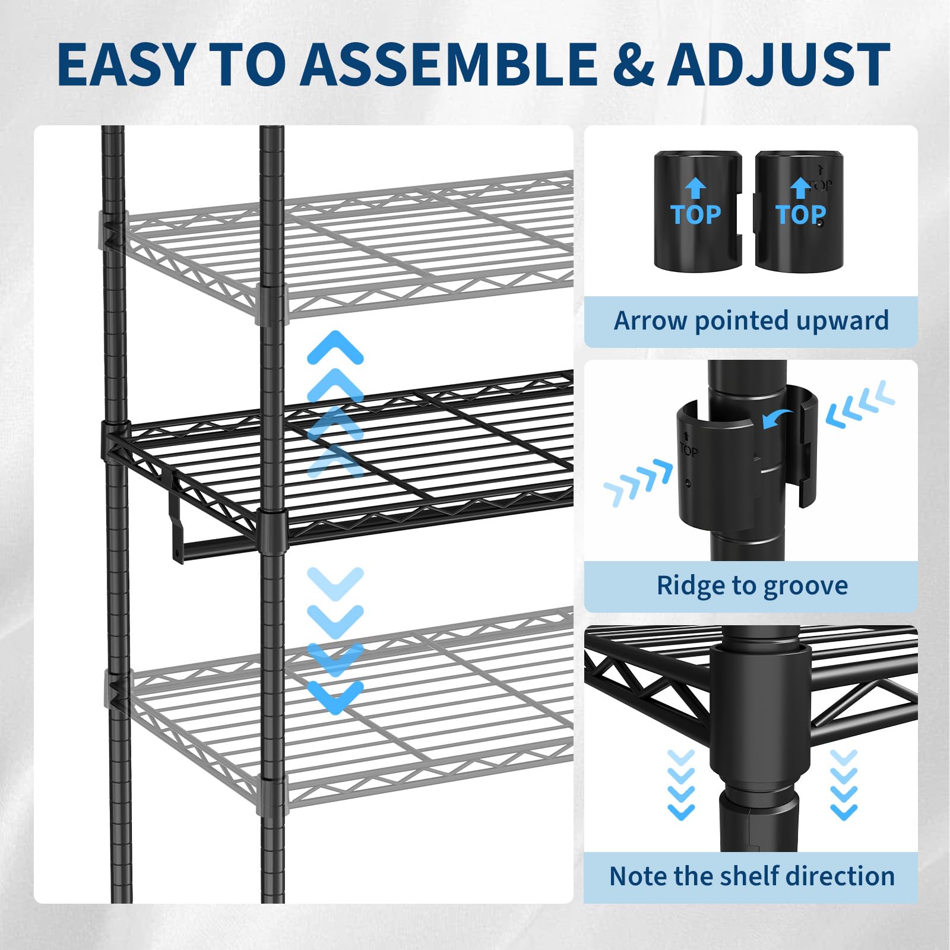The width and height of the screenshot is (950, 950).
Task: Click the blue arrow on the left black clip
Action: point(695,189)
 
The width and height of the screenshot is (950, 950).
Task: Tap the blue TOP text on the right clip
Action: point(800,214)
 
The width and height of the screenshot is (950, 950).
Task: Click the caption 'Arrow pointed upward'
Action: point(751,321)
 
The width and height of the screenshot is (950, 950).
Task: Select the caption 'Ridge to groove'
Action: point(752,586)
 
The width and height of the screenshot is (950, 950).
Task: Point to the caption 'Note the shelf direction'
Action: point(752,876)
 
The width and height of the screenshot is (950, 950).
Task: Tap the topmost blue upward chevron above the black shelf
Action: point(335,347)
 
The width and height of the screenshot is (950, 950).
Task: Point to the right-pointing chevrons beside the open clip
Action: point(639,482)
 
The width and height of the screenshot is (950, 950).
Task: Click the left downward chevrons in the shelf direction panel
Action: point(681,784)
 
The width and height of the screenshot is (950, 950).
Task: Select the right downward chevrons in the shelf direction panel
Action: point(844,784)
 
